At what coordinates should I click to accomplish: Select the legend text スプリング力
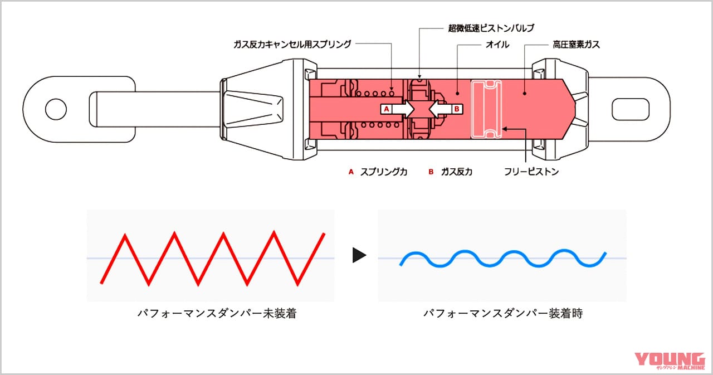pyautogui.click(x=384, y=172)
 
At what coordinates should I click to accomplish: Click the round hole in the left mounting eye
pyautogui.click(x=56, y=109)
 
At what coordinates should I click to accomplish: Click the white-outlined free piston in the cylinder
pyautogui.click(x=487, y=109)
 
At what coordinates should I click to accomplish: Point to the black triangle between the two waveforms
pyautogui.click(x=359, y=256)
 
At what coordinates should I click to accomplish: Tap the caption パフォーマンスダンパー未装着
pyautogui.click(x=216, y=314)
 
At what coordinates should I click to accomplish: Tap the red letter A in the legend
pyautogui.click(x=351, y=172)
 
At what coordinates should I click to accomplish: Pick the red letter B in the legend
pyautogui.click(x=431, y=172)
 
